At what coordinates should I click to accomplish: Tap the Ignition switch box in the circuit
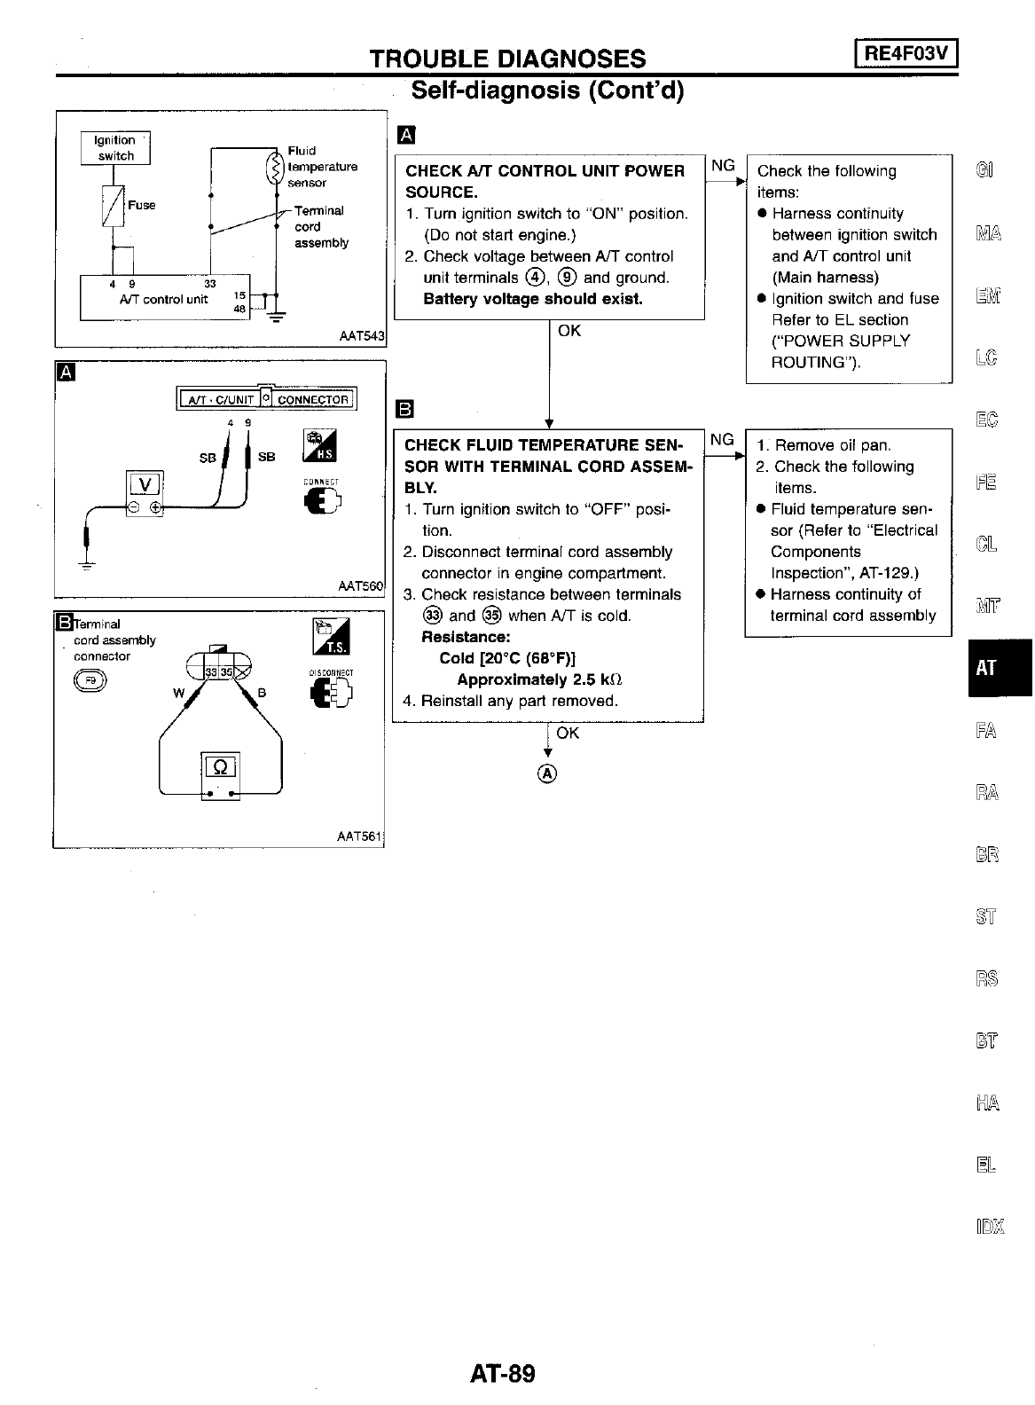click(116, 148)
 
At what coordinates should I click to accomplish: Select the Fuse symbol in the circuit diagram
click(114, 208)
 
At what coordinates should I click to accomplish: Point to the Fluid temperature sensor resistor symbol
click(275, 167)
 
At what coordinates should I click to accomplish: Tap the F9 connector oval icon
click(90, 680)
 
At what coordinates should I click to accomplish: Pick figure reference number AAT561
click(359, 836)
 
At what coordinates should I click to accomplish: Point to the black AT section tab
click(1000, 668)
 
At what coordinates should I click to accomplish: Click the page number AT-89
click(503, 1374)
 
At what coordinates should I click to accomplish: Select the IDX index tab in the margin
click(989, 1228)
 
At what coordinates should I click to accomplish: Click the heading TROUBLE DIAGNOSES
click(507, 59)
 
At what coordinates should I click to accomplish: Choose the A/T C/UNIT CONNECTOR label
click(266, 399)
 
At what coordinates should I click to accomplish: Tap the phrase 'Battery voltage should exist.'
click(533, 299)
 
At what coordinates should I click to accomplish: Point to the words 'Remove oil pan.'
click(833, 445)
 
